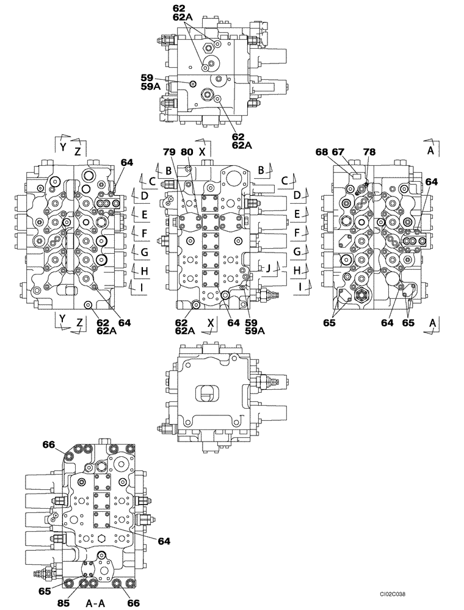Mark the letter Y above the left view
pos(62,146)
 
